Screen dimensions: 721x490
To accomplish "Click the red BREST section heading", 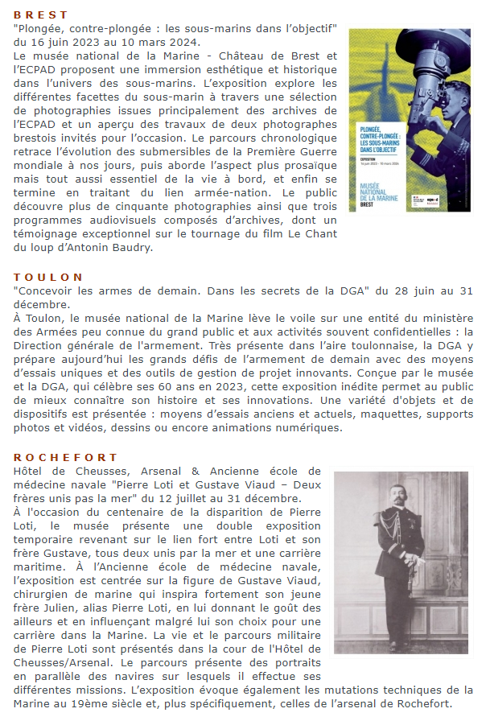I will [x=41, y=15].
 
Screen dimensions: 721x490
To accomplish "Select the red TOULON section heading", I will [x=46, y=276].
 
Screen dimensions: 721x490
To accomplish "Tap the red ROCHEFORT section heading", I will [x=58, y=456].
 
